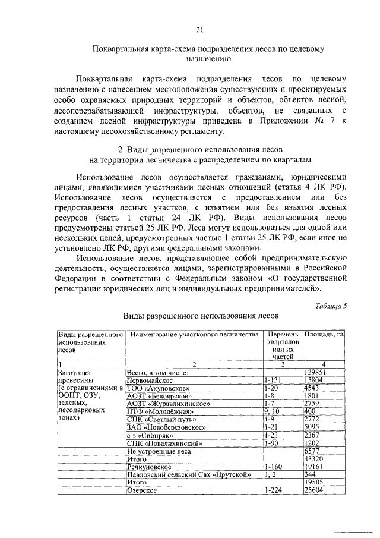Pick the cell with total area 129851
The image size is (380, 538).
(x=315, y=372)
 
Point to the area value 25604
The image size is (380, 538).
(x=313, y=490)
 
